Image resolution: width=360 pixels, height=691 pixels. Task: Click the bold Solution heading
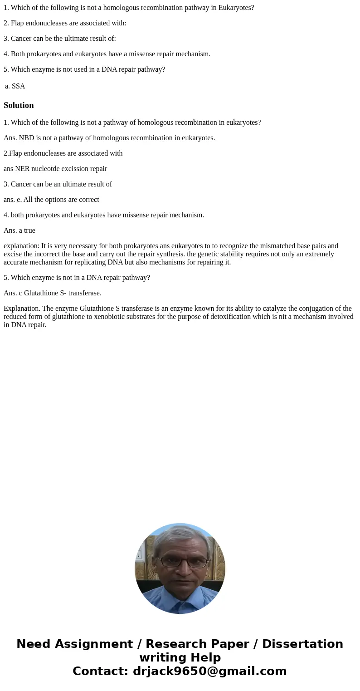click(19, 105)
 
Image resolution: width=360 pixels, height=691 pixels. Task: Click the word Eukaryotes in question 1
click(237, 8)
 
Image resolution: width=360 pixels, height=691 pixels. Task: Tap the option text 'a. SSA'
click(15, 86)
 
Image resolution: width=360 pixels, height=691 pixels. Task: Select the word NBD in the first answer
click(27, 138)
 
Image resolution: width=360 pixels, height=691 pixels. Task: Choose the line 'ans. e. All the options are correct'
click(51, 200)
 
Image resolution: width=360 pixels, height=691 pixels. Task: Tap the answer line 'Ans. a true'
click(19, 230)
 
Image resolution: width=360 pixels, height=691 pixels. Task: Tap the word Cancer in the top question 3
click(21, 39)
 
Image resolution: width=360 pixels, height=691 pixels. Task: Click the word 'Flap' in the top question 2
click(17, 23)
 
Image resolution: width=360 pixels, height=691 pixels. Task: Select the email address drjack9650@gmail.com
click(209, 671)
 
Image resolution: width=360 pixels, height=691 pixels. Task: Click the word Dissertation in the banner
click(302, 644)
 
